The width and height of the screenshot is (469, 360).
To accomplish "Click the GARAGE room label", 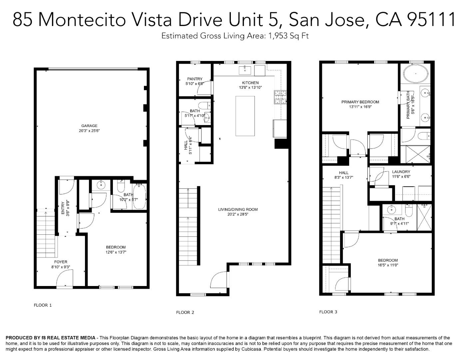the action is point(89,126).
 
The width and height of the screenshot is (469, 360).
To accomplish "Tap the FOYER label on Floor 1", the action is point(61,262).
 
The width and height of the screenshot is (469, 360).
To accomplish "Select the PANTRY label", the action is point(195,79).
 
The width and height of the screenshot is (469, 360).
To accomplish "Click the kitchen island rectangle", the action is point(245,116).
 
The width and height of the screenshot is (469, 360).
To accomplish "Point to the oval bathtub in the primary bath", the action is point(416,73).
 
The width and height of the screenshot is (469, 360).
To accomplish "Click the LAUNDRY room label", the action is point(401,172).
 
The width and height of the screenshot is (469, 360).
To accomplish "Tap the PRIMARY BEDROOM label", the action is point(360,102).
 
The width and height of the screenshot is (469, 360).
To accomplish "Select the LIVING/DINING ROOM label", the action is point(238,209).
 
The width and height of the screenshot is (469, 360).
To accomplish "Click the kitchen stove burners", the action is point(280,97).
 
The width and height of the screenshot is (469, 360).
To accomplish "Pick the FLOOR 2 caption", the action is point(185,312).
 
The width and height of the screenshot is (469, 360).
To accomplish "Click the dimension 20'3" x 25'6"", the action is point(89,131).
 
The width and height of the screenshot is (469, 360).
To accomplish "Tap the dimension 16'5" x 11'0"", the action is point(388,265).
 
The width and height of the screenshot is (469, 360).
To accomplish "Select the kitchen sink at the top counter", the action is point(245,70).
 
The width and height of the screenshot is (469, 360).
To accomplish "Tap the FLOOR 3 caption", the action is point(328,312).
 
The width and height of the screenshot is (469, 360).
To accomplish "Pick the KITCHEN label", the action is point(250,83).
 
